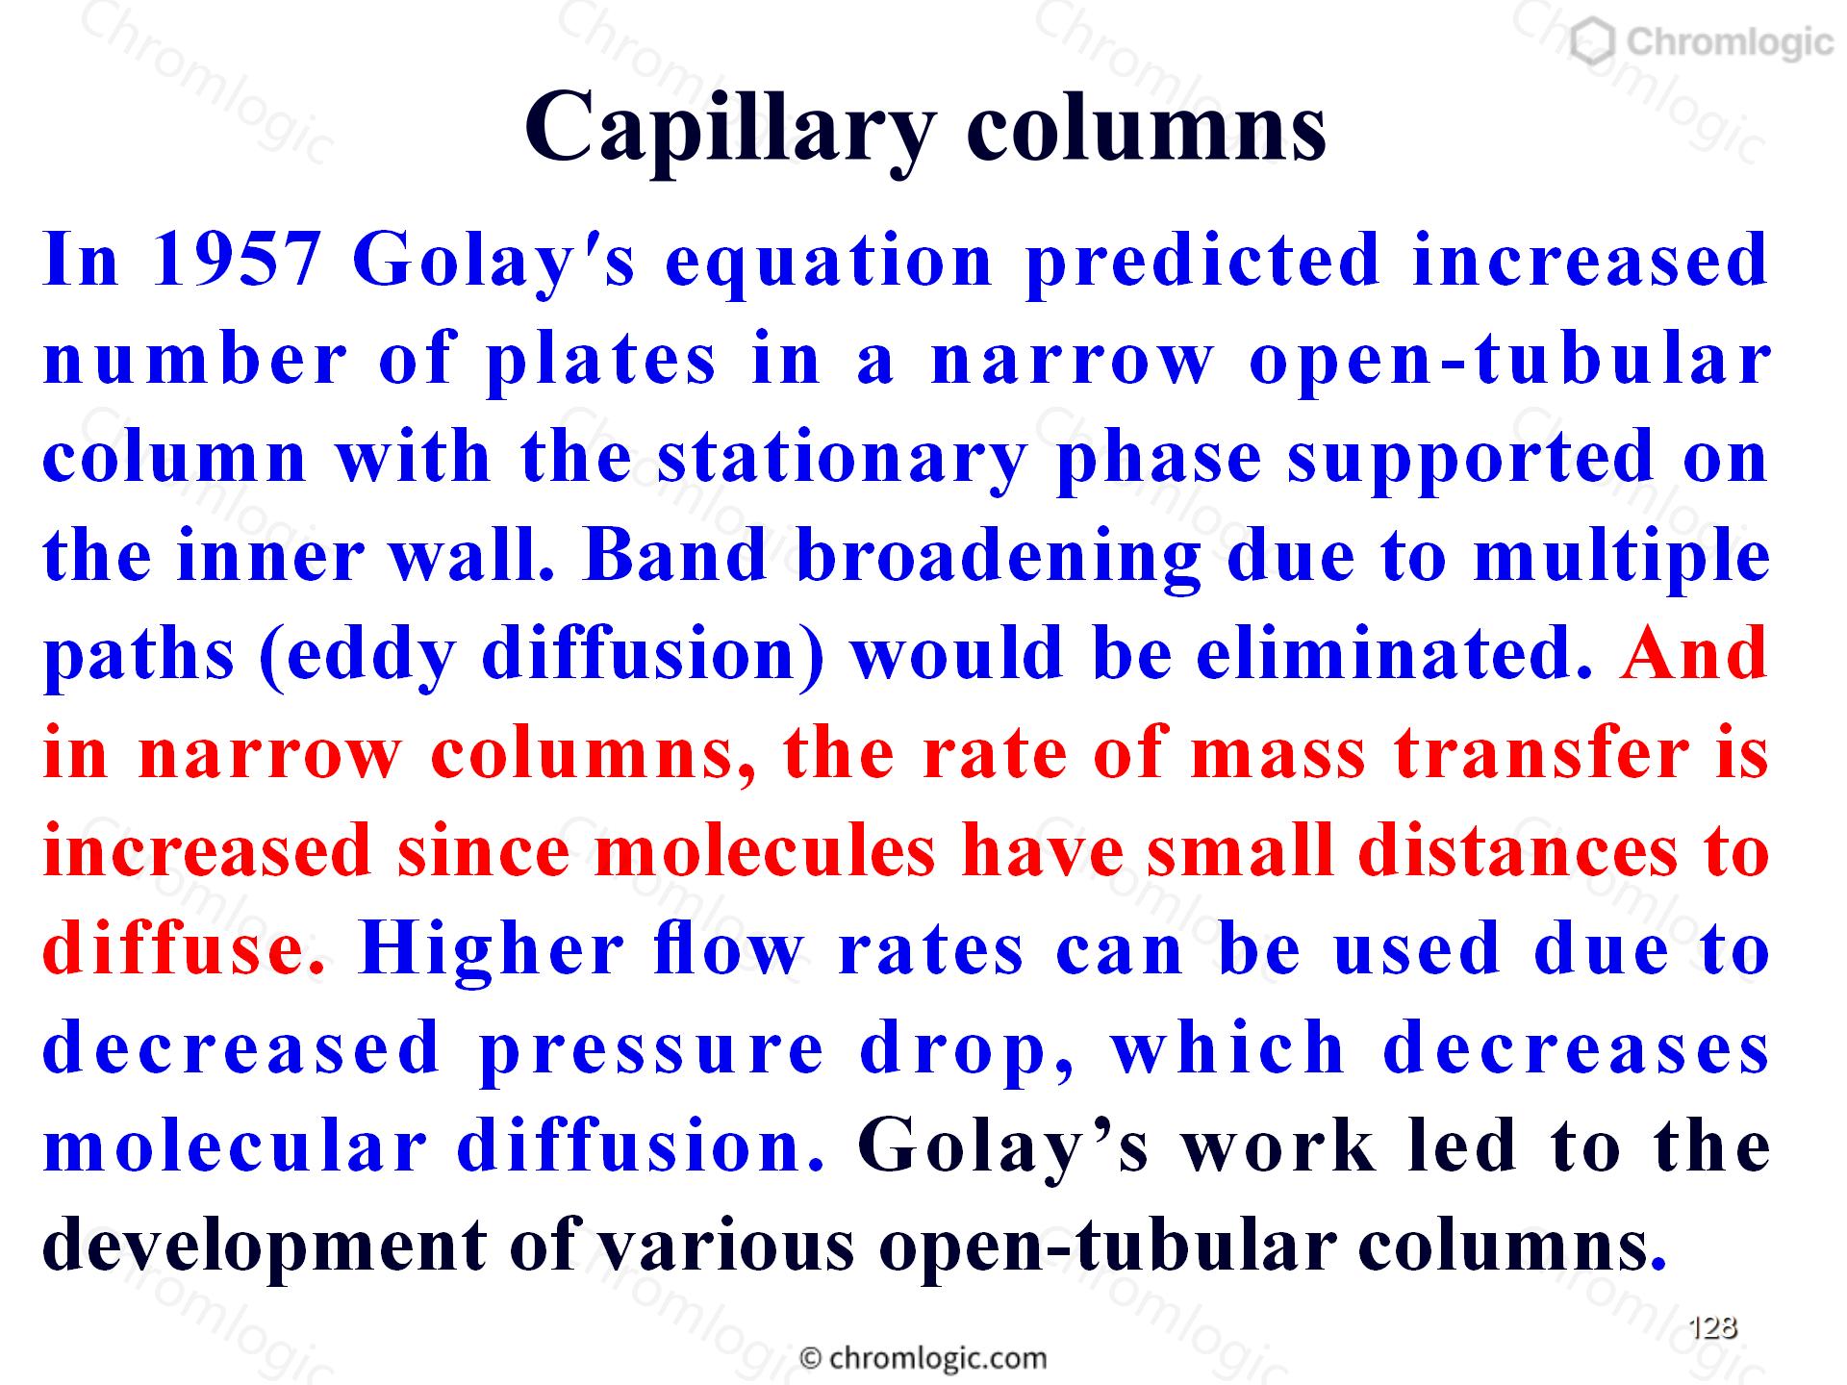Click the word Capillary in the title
click(x=730, y=131)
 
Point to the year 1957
click(x=237, y=261)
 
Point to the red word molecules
click(x=766, y=851)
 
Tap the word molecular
click(x=235, y=1146)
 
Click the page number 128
click(x=1713, y=1327)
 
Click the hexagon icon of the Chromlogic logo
click(x=1593, y=42)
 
